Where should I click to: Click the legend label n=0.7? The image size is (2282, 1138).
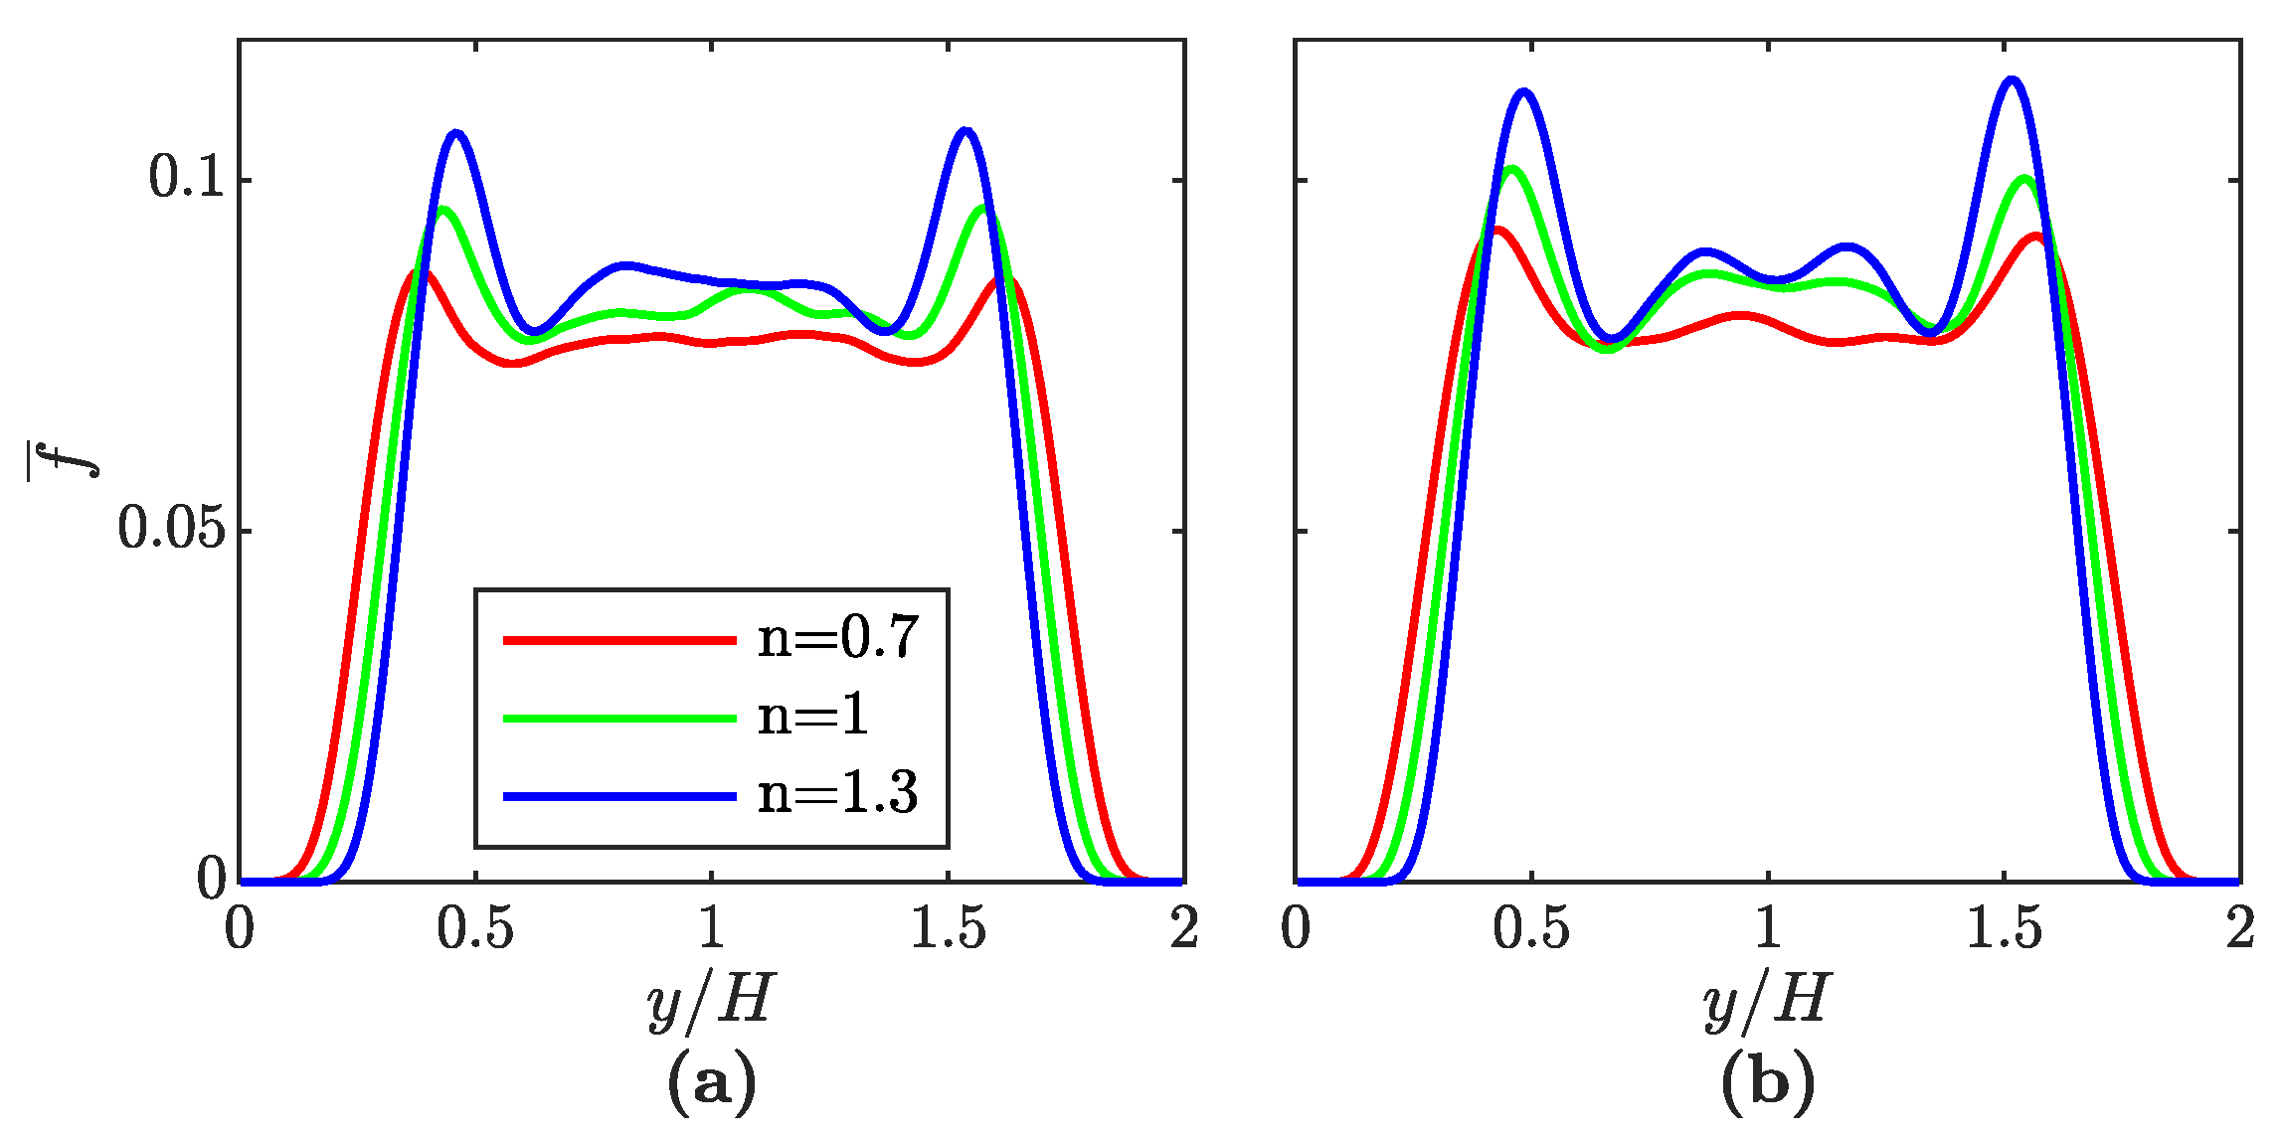pyautogui.click(x=837, y=638)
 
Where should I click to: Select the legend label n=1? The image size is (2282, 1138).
pyautogui.click(x=812, y=716)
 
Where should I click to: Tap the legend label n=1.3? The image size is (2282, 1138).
pyautogui.click(x=837, y=794)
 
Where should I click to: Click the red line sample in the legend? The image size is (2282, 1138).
pyautogui.click(x=618, y=640)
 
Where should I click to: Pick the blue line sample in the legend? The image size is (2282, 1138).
pyautogui.click(x=618, y=796)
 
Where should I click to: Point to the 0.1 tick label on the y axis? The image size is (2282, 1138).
pyautogui.click(x=187, y=179)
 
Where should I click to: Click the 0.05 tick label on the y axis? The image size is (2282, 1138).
pyautogui.click(x=171, y=529)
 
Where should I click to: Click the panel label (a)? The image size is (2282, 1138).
pyautogui.click(x=711, y=1081)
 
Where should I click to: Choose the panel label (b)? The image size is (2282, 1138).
pyautogui.click(x=1768, y=1081)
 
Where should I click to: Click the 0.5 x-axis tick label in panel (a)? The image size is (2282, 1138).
pyautogui.click(x=475, y=929)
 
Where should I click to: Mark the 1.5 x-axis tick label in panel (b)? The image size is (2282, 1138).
pyautogui.click(x=2004, y=929)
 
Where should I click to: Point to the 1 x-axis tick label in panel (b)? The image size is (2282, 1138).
pyautogui.click(x=1768, y=929)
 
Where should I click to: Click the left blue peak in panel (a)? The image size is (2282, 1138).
pyautogui.click(x=456, y=132)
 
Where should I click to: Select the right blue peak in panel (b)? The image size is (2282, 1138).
pyautogui.click(x=2013, y=80)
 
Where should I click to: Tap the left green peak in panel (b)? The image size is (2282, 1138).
pyautogui.click(x=1511, y=168)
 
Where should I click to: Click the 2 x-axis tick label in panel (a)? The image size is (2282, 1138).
pyautogui.click(x=1183, y=929)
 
